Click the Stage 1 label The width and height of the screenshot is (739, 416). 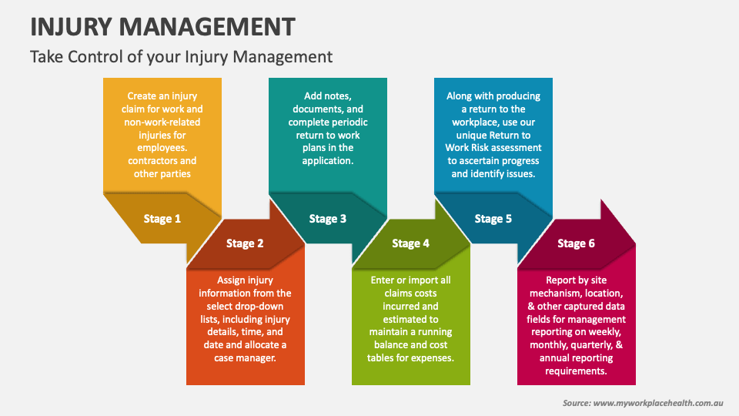pyautogui.click(x=162, y=219)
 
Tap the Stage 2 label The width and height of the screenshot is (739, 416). pyautogui.click(x=245, y=243)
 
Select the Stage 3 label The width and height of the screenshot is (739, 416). pyautogui.click(x=328, y=219)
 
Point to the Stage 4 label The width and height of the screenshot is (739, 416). pyautogui.click(x=410, y=243)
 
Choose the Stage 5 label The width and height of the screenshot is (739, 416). pyautogui.click(x=493, y=219)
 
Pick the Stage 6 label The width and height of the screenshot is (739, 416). pyautogui.click(x=576, y=243)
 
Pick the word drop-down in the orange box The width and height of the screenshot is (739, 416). pyautogui.click(x=260, y=306)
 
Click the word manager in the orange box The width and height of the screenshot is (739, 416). pyautogui.click(x=258, y=358)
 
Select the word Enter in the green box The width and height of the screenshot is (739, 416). pyautogui.click(x=384, y=280)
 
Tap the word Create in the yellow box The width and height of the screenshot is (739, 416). pyautogui.click(x=142, y=96)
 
